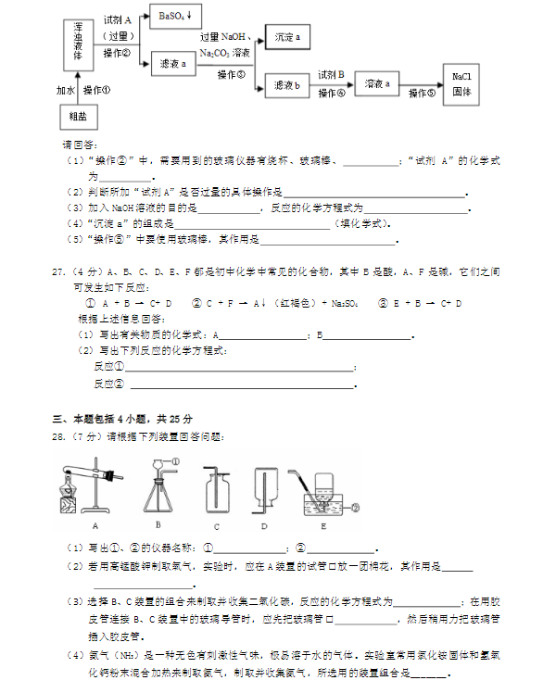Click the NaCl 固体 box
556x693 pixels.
tap(461, 84)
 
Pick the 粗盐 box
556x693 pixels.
tap(77, 117)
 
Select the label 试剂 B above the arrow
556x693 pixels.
tap(331, 74)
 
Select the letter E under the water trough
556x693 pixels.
tap(322, 525)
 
